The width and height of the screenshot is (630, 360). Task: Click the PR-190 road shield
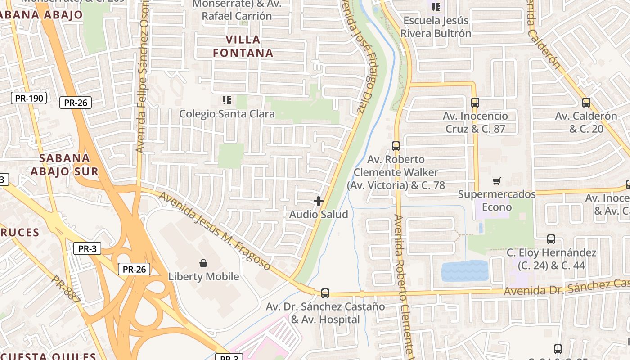29,98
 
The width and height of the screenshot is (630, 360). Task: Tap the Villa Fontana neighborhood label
243,46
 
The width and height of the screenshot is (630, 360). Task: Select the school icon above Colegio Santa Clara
227,100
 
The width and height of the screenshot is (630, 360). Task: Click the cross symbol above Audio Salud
319,201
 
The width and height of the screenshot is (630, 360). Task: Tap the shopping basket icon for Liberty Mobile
203,263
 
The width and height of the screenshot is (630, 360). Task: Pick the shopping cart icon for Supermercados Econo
497,181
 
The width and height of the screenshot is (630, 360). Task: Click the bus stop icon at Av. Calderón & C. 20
586,103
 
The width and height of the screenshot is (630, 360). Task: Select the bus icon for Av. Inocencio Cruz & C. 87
475,103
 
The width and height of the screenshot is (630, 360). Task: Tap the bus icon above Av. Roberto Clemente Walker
396,146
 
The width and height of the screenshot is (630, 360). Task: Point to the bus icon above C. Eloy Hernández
551,239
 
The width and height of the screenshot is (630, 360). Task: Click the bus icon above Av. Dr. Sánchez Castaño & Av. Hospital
325,293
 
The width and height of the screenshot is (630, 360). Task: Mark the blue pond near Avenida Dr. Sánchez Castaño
464,271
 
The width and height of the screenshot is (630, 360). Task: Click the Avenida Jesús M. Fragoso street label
214,231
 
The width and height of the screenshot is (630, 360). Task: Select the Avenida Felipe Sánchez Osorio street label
143,76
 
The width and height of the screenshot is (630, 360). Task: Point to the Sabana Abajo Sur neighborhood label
64,165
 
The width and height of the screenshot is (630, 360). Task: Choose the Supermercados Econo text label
497,201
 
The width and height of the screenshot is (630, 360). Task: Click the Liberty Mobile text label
203,276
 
